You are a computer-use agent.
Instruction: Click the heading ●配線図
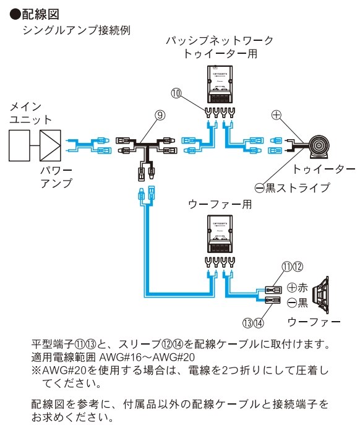coord(36,12)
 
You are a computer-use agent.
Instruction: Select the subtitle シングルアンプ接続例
coord(76,30)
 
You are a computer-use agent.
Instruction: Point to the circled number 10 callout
coord(176,93)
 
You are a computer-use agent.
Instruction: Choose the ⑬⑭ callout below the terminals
coord(254,322)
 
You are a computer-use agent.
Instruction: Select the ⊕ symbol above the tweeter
coord(277,115)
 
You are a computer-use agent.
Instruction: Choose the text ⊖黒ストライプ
coord(293,187)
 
